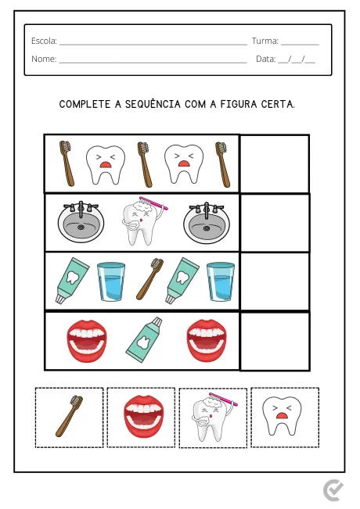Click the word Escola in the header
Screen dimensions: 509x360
[x=44, y=41]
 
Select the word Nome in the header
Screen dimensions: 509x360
[x=44, y=59]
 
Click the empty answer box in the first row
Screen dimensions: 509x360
[x=274, y=163]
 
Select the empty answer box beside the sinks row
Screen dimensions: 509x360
[x=274, y=222]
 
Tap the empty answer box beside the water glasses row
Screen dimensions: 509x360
[x=274, y=281]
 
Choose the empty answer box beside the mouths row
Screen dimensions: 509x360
[x=274, y=341]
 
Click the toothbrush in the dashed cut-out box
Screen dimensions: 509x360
[x=69, y=416]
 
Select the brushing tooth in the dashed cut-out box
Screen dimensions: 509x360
[x=211, y=418]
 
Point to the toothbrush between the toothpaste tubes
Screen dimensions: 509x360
[x=149, y=280]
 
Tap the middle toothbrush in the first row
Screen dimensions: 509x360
[x=144, y=164]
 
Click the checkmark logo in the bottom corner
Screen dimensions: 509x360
[x=333, y=490]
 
